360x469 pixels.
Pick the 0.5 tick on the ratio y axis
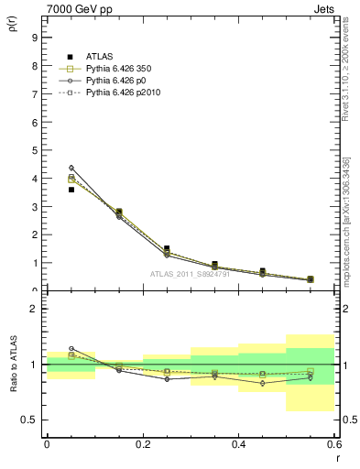pyautogui.click(x=30, y=420)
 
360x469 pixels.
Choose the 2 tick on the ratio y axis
pyautogui.click(x=33, y=309)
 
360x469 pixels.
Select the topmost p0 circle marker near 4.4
pyautogui.click(x=71, y=168)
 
